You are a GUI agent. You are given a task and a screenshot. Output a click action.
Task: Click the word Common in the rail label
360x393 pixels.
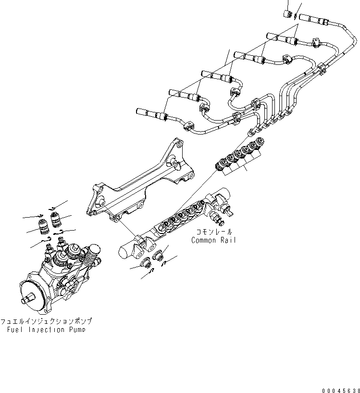coord(204,240)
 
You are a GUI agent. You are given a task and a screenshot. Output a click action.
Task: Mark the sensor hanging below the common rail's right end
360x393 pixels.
coord(220,220)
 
